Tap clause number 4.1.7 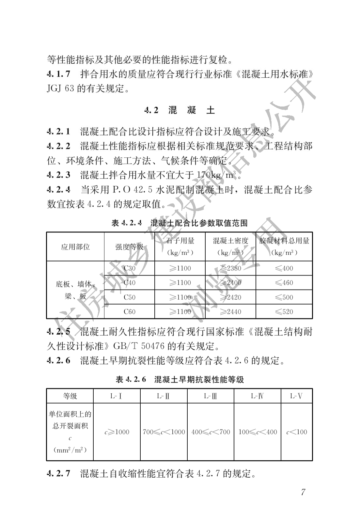pos(59,74)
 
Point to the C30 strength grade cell pos(129,268)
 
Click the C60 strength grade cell pos(129,312)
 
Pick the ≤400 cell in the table pos(284,268)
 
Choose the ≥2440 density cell pos(230,312)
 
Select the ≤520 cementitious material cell pos(284,312)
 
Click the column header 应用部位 pos(75,247)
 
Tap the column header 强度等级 pos(129,247)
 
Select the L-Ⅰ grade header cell pos(116,396)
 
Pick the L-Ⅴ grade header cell pos(296,396)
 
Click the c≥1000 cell pos(117,432)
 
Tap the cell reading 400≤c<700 pos(211,432)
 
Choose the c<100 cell pos(297,432)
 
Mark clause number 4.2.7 pos(59,473)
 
